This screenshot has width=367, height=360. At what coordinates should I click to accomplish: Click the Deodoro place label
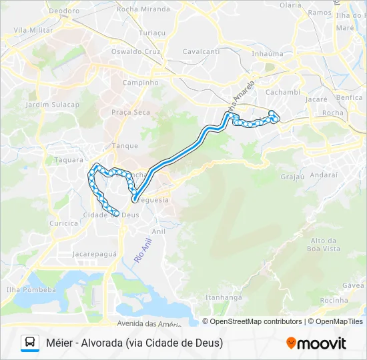pyautogui.click(x=64, y=11)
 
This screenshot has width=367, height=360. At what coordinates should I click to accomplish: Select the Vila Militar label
pyautogui.click(x=33, y=31)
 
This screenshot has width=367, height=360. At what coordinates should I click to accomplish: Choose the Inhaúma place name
pyautogui.click(x=268, y=53)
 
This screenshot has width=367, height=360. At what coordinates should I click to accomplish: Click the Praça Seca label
pyautogui.click(x=131, y=112)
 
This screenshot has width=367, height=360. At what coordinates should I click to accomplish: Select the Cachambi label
pyautogui.click(x=283, y=92)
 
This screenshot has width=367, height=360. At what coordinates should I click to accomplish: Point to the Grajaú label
pyautogui.click(x=292, y=177)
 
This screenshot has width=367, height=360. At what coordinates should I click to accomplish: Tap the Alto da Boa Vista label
pyautogui.click(x=325, y=244)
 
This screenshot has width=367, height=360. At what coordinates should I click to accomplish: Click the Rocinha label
pyautogui.click(x=334, y=300)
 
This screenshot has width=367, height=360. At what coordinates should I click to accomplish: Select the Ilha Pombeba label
pyautogui.click(x=31, y=290)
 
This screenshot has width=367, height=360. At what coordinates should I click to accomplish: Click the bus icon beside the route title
pyautogui.click(x=30, y=343)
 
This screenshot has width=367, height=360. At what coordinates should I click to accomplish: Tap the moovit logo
pyautogui.click(x=316, y=343)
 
